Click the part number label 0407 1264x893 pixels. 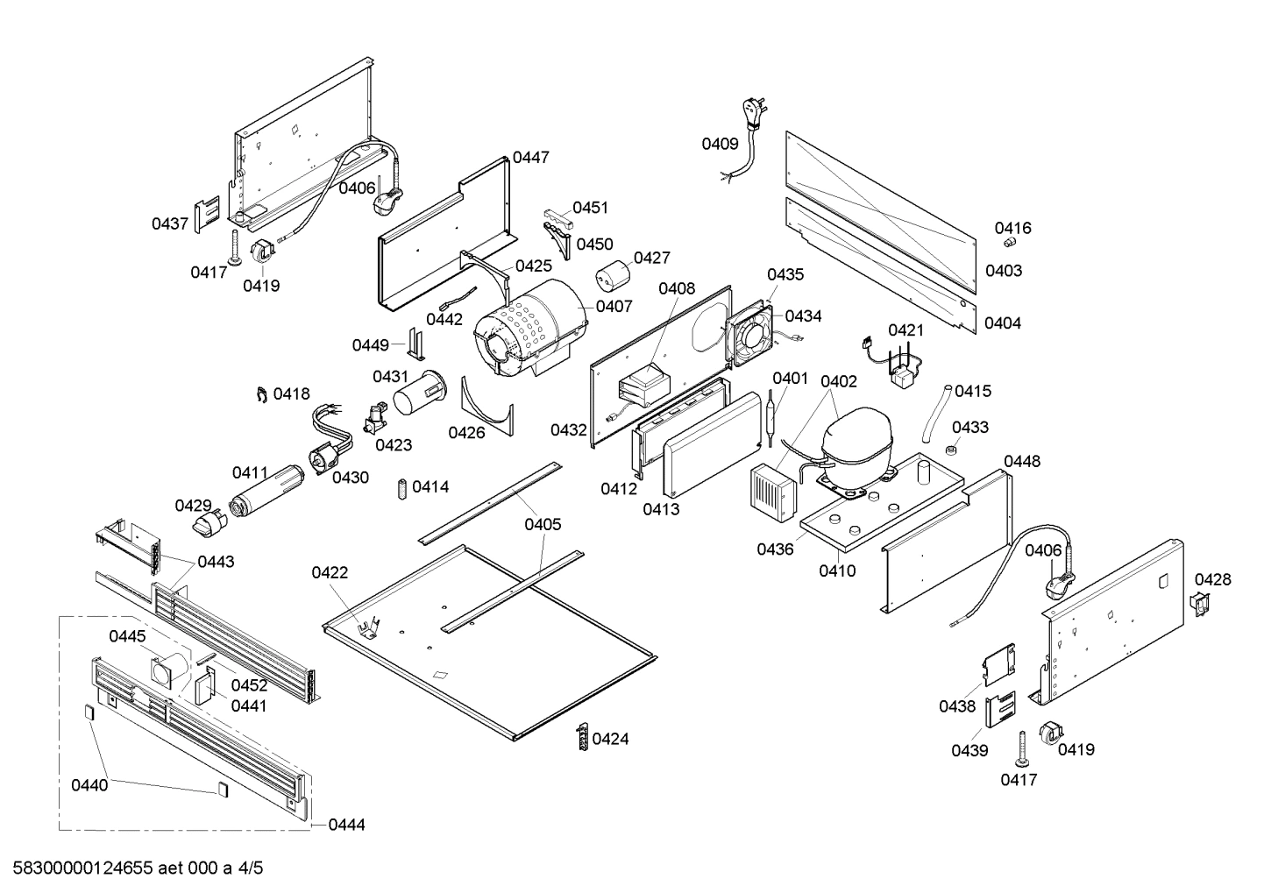coord(614,307)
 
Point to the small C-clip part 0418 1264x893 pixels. coord(260,395)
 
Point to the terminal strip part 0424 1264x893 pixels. coord(580,738)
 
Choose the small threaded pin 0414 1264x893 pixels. coord(402,487)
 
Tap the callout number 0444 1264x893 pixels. coord(347,825)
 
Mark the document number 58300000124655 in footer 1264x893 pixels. coord(83,868)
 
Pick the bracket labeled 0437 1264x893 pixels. coord(206,214)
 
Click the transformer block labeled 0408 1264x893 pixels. coord(643,386)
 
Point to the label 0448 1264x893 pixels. coord(1022,461)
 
